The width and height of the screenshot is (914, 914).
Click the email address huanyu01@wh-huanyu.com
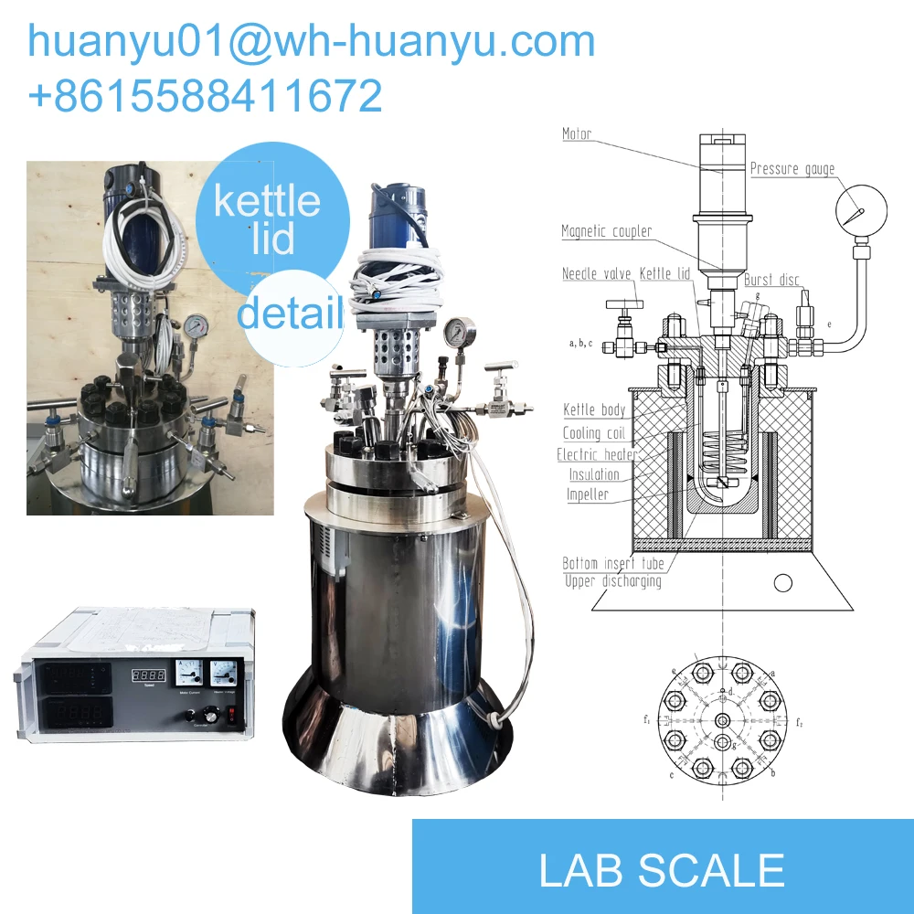312,41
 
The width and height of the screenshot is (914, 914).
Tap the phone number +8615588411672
205,96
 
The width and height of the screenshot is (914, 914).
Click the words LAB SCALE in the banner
662,870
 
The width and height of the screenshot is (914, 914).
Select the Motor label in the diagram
577,134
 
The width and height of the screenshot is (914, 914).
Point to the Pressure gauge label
792,169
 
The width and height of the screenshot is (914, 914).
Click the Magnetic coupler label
607,231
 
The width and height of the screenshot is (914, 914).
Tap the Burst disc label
771,280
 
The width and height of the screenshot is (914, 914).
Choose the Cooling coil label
594,433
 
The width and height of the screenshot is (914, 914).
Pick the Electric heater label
598,454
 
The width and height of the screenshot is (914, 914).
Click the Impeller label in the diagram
587,495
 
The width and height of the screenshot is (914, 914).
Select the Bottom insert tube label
612,563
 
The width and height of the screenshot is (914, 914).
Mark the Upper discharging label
612,581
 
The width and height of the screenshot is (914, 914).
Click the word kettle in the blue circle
267,202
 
